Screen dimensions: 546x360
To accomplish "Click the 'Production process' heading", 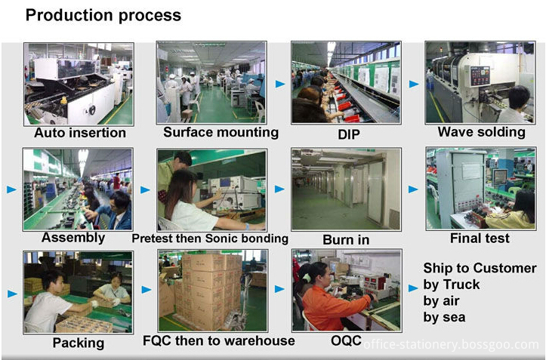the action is pyautogui.click(x=103, y=16).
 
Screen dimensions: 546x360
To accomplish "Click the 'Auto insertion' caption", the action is pyautogui.click(x=80, y=133).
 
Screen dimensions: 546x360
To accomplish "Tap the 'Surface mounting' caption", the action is pyautogui.click(x=221, y=133).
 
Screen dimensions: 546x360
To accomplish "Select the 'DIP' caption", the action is pyautogui.click(x=349, y=135).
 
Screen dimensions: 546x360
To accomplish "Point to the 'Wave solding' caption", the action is pyautogui.click(x=482, y=132).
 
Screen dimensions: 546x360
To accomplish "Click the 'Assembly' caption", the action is pyautogui.click(x=73, y=238).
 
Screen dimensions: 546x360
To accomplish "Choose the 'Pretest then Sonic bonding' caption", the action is pyautogui.click(x=210, y=238).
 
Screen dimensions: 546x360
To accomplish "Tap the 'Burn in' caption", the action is pyautogui.click(x=346, y=240).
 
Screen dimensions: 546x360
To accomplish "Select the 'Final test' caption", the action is pyautogui.click(x=480, y=238).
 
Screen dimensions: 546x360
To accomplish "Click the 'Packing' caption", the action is pyautogui.click(x=79, y=343).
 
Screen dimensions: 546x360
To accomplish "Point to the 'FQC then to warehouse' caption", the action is pyautogui.click(x=219, y=341).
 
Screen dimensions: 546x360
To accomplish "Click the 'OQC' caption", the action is pyautogui.click(x=346, y=340).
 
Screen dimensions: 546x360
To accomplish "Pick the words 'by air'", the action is pyautogui.click(x=441, y=301).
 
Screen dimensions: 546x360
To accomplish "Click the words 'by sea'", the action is pyautogui.click(x=444, y=318).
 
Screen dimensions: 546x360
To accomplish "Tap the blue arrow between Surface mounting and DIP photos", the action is pyautogui.click(x=280, y=84).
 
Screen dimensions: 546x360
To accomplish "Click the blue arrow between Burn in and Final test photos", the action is pyautogui.click(x=413, y=189).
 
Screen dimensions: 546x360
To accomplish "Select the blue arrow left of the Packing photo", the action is pyautogui.click(x=12, y=294).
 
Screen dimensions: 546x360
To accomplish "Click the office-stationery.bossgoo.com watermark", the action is pyautogui.click(x=452, y=345).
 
